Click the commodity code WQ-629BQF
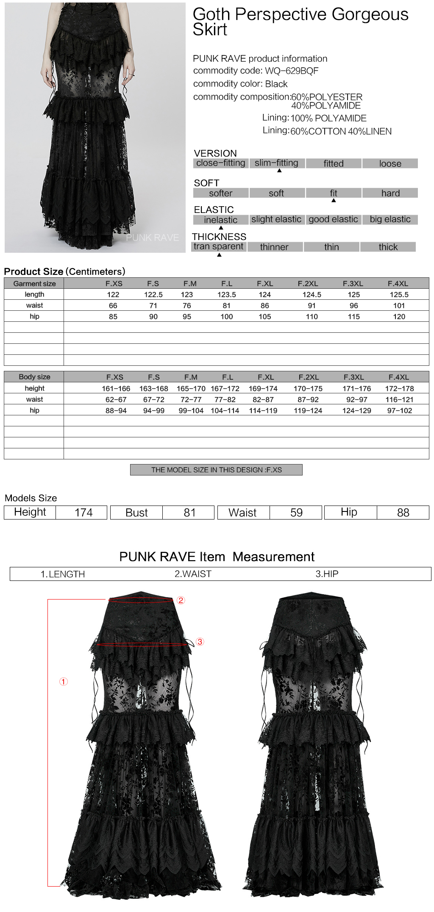292,71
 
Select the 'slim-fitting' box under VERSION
277,163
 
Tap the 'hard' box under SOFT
390,193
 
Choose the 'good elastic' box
333,219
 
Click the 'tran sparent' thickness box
219,246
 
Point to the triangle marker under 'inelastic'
221,228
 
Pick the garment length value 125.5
399,294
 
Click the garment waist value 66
113,305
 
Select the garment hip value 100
227,316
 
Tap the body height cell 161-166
116,388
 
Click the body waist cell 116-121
399,399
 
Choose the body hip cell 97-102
399,410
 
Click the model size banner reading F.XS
216,470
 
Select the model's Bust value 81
189,512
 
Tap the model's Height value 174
83,512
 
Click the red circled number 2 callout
181,600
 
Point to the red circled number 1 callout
64,681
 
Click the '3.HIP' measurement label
327,574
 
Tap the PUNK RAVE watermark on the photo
153,238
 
